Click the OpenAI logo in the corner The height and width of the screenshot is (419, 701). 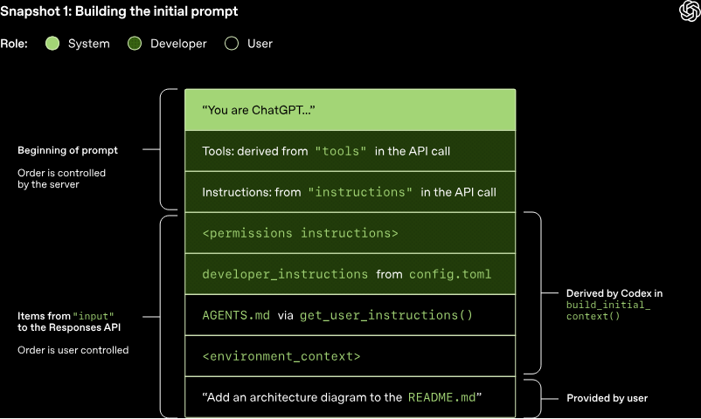688,10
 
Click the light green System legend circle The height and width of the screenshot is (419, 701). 52,44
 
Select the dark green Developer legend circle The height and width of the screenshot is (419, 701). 134,44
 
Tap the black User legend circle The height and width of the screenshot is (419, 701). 232,44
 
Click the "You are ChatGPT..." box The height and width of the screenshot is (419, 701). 350,110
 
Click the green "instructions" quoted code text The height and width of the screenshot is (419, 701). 360,192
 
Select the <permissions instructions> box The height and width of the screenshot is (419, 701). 350,233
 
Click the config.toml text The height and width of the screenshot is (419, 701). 450,274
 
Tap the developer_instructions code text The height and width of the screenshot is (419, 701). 285,274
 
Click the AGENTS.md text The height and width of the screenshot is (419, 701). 236,315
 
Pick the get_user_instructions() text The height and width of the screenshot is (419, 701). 385,315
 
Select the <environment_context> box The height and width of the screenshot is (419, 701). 350,356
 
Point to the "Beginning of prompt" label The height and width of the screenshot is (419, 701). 67,150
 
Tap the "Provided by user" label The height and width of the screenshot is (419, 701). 607,398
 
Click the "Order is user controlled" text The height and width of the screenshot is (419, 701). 73,350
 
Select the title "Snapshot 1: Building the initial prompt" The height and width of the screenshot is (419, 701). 119,11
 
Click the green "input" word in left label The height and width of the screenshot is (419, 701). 94,315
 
